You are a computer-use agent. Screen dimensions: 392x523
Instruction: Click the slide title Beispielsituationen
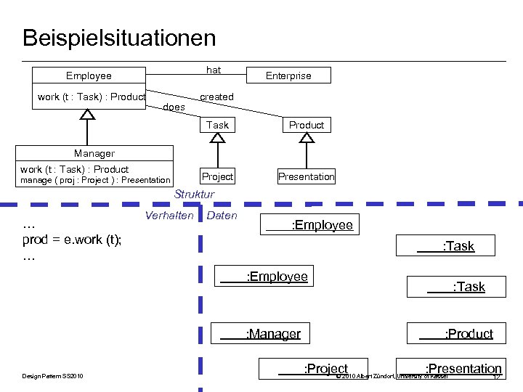tap(119, 38)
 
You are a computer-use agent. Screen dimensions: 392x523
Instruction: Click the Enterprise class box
tap(288, 75)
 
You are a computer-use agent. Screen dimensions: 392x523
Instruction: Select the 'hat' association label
tap(214, 70)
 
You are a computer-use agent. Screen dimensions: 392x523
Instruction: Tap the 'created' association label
tap(216, 97)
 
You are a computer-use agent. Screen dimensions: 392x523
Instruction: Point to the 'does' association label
tap(174, 107)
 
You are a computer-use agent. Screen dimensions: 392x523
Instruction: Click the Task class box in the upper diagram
tap(217, 125)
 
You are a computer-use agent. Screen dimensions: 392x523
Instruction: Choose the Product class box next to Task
tap(307, 125)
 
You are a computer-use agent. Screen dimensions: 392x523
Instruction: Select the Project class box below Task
tap(217, 176)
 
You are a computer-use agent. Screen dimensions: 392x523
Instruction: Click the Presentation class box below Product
tap(307, 176)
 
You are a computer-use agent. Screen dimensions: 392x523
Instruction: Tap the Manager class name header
tap(94, 153)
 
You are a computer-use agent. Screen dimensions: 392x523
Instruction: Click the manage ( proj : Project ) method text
tap(94, 180)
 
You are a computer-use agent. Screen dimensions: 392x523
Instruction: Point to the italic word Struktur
tap(194, 195)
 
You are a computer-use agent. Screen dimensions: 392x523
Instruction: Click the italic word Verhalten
tap(169, 216)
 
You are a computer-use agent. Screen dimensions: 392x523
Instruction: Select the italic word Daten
tap(222, 216)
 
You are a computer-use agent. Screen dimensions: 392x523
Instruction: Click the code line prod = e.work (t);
tap(72, 240)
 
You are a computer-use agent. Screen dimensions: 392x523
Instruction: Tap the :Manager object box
tap(261, 334)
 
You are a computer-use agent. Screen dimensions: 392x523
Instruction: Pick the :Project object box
tap(314, 369)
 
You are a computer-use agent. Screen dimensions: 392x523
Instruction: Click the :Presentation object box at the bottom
tap(450, 369)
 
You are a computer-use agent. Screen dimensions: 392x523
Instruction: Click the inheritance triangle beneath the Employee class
tap(87, 115)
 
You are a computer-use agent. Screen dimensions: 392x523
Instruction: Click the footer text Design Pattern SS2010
tap(53, 375)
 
